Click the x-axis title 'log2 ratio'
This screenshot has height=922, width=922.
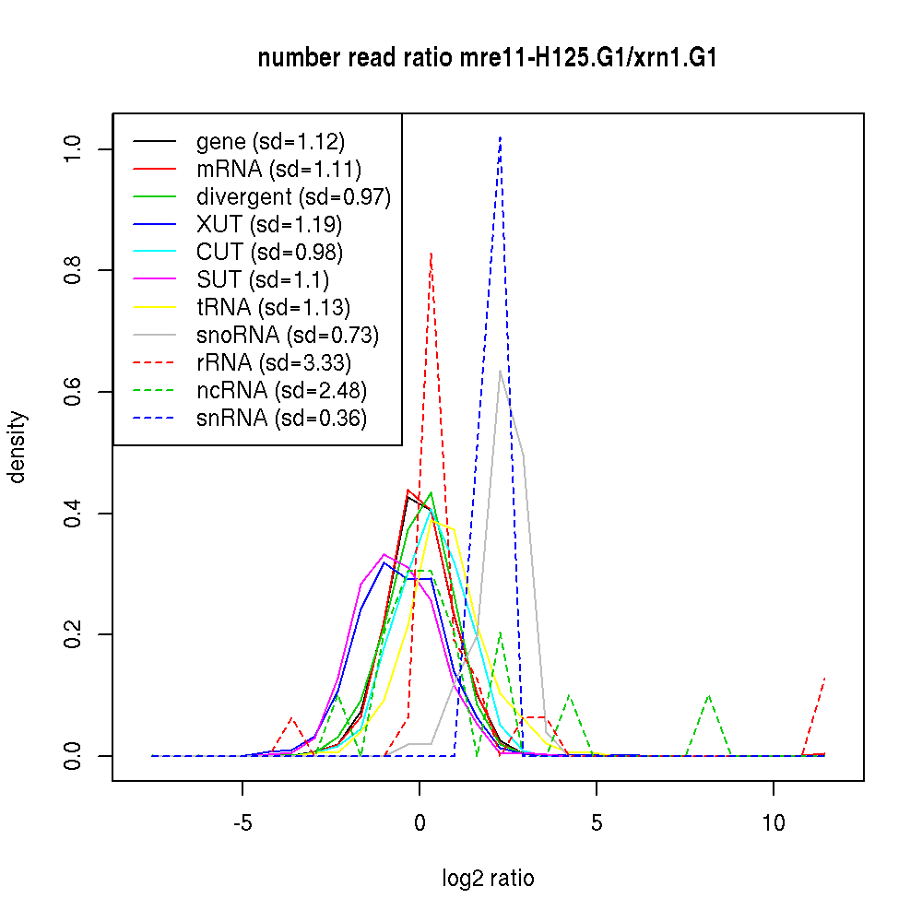pyautogui.click(x=488, y=878)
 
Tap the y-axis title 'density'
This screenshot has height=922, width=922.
pyautogui.click(x=18, y=447)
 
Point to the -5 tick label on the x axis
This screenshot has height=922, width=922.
pyautogui.click(x=242, y=822)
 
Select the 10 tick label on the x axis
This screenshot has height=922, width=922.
pyautogui.click(x=774, y=822)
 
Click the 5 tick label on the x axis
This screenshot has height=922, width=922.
pyautogui.click(x=597, y=822)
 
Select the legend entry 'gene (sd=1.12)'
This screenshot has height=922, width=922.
pyautogui.click(x=270, y=142)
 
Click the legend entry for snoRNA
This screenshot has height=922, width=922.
pyautogui.click(x=288, y=335)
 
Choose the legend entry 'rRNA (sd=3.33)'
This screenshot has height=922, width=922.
pyautogui.click(x=274, y=362)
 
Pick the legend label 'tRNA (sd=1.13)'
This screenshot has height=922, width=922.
pyautogui.click(x=274, y=307)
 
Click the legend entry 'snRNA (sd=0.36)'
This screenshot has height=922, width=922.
pyautogui.click(x=281, y=418)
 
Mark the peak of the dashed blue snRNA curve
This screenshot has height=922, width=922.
pyautogui.click(x=500, y=136)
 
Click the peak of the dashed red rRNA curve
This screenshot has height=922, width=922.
pyautogui.click(x=431, y=253)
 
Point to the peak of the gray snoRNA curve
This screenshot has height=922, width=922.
pyautogui.click(x=500, y=371)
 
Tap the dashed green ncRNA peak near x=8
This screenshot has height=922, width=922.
pyautogui.click(x=708, y=696)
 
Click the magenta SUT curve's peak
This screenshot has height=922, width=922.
pyautogui.click(x=384, y=554)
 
